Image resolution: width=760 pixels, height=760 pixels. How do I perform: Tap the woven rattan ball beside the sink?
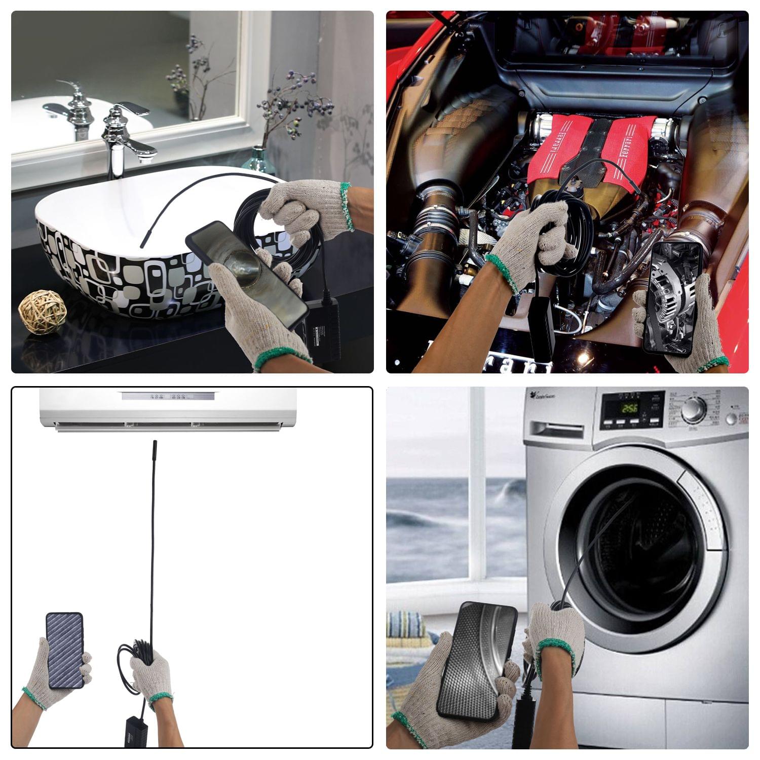click(x=43, y=311)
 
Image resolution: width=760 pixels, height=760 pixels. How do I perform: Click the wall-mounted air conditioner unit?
click(x=168, y=408)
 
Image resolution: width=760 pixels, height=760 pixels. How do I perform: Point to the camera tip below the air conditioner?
click(x=155, y=449)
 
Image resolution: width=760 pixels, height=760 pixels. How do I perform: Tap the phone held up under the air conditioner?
click(x=65, y=651)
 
